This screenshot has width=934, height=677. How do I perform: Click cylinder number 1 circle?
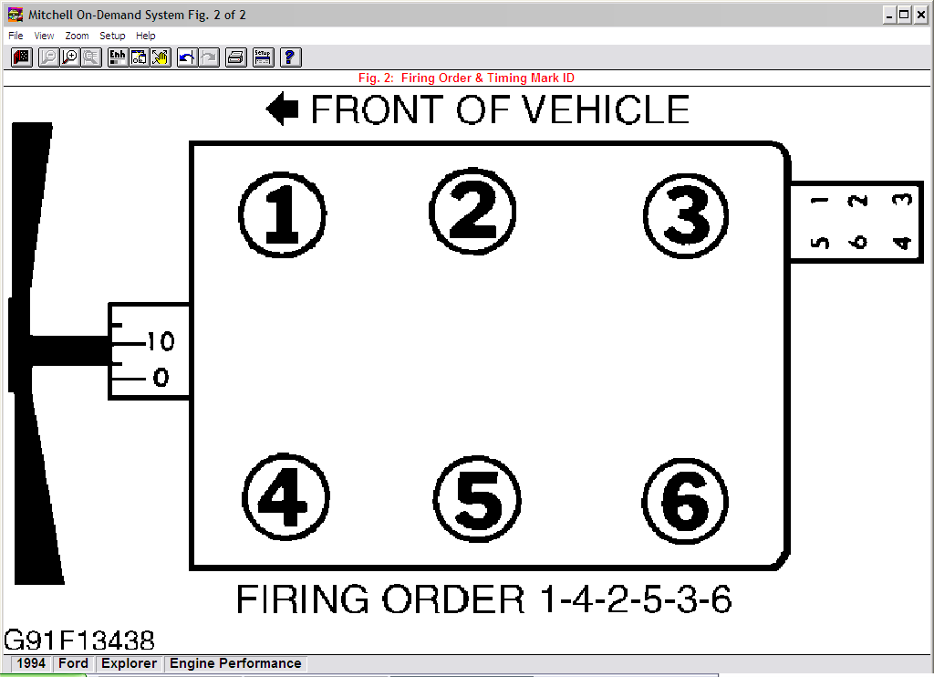coord(283,214)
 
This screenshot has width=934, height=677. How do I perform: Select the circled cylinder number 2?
coord(472,211)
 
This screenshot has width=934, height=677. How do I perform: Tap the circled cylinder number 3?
coord(686,215)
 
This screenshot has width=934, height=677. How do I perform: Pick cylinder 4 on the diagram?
coord(285,496)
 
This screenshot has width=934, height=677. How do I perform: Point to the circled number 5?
coord(477,499)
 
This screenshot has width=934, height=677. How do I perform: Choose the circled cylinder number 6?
coord(686,501)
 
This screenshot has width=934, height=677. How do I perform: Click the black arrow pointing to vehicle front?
coord(283,109)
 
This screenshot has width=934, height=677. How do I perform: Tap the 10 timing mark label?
coord(161,341)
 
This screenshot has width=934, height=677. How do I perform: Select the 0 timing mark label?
coord(161,377)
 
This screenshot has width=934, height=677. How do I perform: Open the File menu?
coord(16,36)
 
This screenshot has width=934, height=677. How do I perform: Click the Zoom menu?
coord(77,36)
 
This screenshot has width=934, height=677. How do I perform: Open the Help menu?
coord(145,36)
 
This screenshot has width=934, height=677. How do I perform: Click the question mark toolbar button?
coord(291,57)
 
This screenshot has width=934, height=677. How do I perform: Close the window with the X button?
coord(920,15)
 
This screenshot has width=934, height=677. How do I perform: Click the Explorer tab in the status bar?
coord(129,663)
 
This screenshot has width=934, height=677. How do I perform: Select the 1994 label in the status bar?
coord(31,663)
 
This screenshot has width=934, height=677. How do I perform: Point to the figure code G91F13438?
coord(79,641)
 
